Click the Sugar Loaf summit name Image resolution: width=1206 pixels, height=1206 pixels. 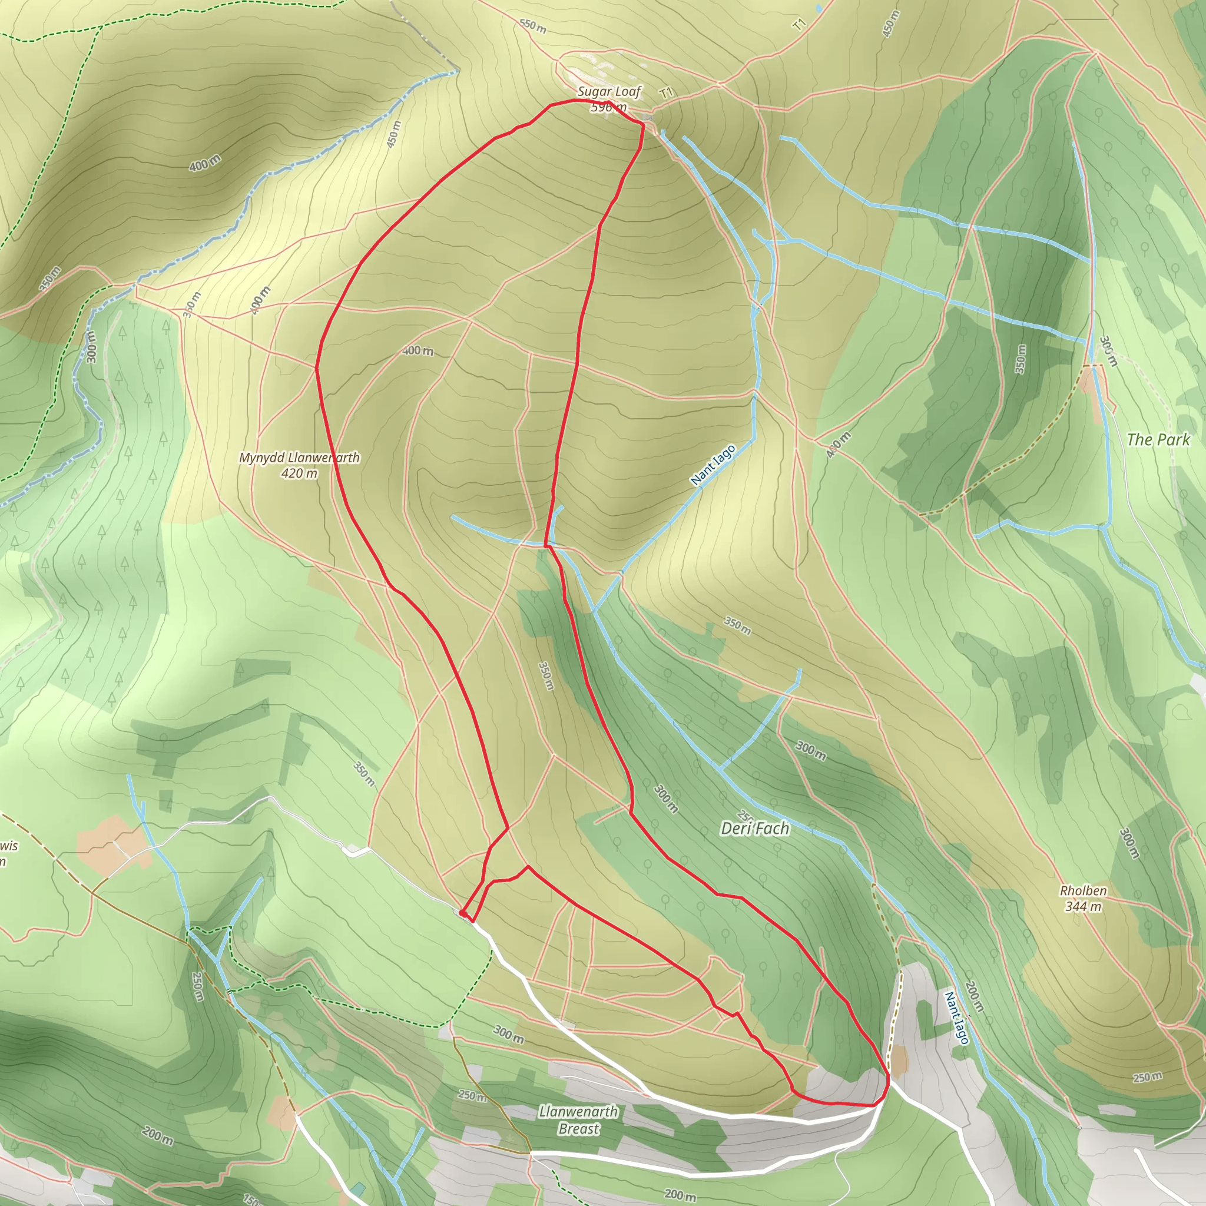(x=609, y=92)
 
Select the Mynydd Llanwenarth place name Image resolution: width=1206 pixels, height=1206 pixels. (x=299, y=458)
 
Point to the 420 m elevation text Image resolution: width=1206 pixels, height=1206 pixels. (x=299, y=473)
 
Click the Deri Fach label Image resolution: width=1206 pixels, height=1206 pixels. (x=755, y=829)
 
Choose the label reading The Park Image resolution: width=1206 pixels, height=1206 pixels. (x=1158, y=439)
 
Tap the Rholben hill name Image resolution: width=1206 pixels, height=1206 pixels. (x=1083, y=891)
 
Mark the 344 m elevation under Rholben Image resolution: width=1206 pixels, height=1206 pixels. (x=1083, y=906)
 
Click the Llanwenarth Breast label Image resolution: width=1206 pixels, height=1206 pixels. (x=579, y=1120)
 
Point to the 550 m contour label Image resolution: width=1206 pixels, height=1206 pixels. (x=532, y=26)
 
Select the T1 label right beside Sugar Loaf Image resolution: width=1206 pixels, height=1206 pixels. (x=667, y=93)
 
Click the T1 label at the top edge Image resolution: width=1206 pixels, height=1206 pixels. (x=800, y=24)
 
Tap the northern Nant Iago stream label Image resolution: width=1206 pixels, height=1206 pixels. (x=713, y=465)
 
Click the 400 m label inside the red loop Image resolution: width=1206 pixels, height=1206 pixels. (x=418, y=351)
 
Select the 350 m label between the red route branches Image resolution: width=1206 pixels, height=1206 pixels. (x=545, y=676)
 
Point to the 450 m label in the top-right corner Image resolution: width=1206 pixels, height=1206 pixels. (x=891, y=24)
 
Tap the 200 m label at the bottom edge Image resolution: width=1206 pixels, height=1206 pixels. (x=679, y=1195)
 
